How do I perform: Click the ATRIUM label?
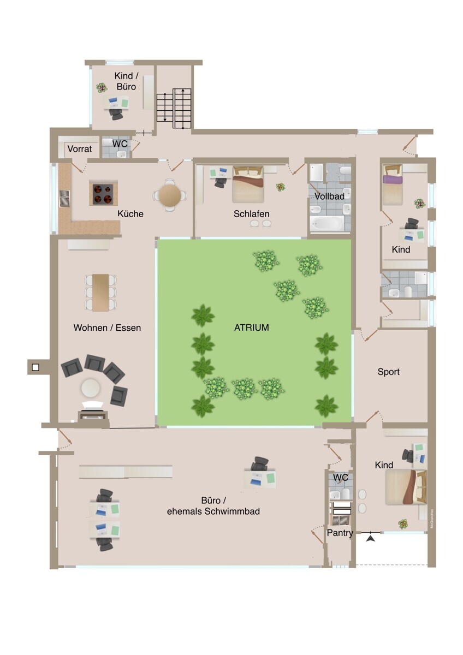pyautogui.click(x=251, y=327)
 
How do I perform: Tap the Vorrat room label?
pyautogui.click(x=80, y=149)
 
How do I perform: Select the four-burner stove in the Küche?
pyautogui.click(x=103, y=194)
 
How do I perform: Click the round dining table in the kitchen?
pyautogui.click(x=170, y=195)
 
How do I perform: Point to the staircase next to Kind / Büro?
pyautogui.click(x=174, y=109)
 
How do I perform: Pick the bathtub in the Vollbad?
pyautogui.click(x=327, y=224)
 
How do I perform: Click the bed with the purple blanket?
pyautogui.click(x=393, y=184)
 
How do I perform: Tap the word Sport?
pyautogui.click(x=388, y=372)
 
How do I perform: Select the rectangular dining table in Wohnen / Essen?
pyautogui.click(x=100, y=293)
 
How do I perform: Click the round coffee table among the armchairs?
pyautogui.click(x=91, y=388)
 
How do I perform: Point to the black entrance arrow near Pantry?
pyautogui.click(x=371, y=538)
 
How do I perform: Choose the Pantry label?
pyautogui.click(x=340, y=533)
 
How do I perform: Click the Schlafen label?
pyautogui.click(x=251, y=214)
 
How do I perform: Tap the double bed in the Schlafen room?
pyautogui.click(x=248, y=184)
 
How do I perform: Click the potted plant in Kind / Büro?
pyautogui.click(x=102, y=87)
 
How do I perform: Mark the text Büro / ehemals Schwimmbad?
pyautogui.click(x=213, y=505)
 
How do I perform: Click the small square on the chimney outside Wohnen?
pyautogui.click(x=35, y=367)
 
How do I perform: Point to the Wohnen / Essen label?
pyautogui.click(x=107, y=327)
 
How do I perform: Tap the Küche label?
pyautogui.click(x=130, y=214)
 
